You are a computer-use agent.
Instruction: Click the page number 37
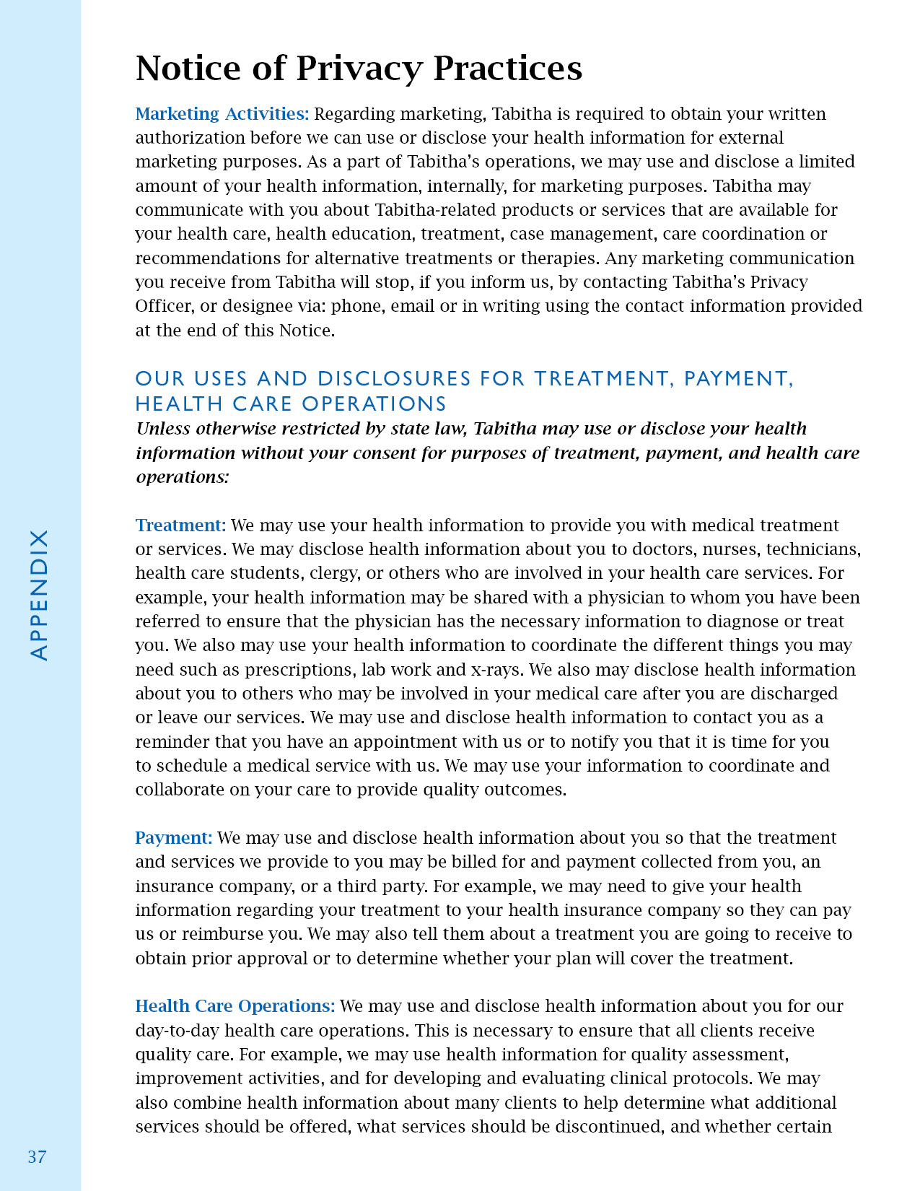coord(37,1156)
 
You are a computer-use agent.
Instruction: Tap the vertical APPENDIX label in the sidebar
coord(39,595)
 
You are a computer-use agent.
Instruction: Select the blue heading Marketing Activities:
coord(222,114)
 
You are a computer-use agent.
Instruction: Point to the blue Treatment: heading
coord(180,525)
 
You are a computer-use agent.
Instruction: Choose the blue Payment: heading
coord(174,838)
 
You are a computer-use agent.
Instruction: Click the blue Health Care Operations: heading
coord(235,1006)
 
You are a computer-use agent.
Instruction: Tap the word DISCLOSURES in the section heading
coord(394,379)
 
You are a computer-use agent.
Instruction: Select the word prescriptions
coord(299,670)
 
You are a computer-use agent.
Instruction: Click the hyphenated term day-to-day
coord(171,1031)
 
